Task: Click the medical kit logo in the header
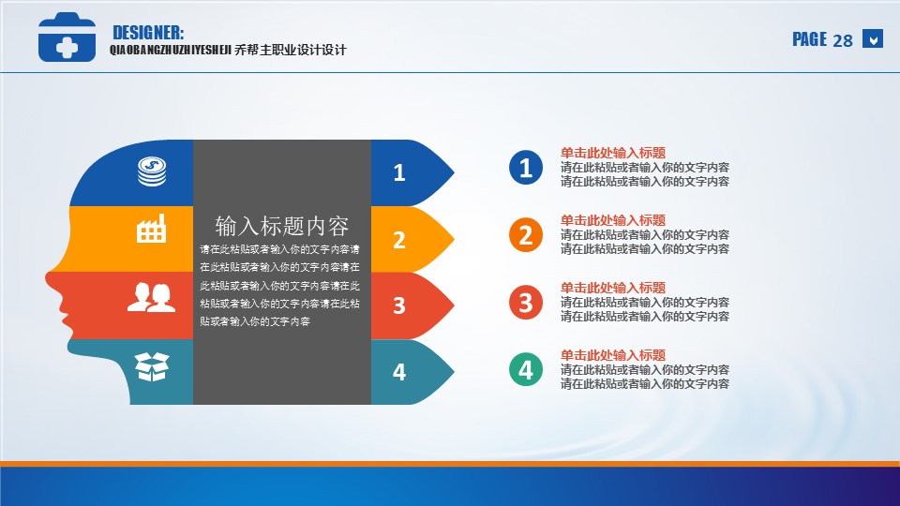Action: [x=67, y=37]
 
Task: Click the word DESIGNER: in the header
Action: [x=148, y=33]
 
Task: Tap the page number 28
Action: [x=843, y=40]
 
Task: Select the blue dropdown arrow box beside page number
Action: [x=873, y=39]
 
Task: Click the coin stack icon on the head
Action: [x=152, y=171]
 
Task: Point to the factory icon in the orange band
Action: [x=152, y=229]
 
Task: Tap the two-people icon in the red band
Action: [x=151, y=297]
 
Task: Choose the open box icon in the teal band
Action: [x=152, y=366]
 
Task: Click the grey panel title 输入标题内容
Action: [x=282, y=226]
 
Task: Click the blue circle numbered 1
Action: [x=526, y=168]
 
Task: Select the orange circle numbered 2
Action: [x=526, y=235]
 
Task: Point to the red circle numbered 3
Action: [x=526, y=303]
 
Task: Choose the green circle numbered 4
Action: [x=526, y=370]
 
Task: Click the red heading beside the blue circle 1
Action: [x=613, y=153]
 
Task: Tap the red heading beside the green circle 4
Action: [x=613, y=355]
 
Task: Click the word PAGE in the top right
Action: [x=810, y=39]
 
